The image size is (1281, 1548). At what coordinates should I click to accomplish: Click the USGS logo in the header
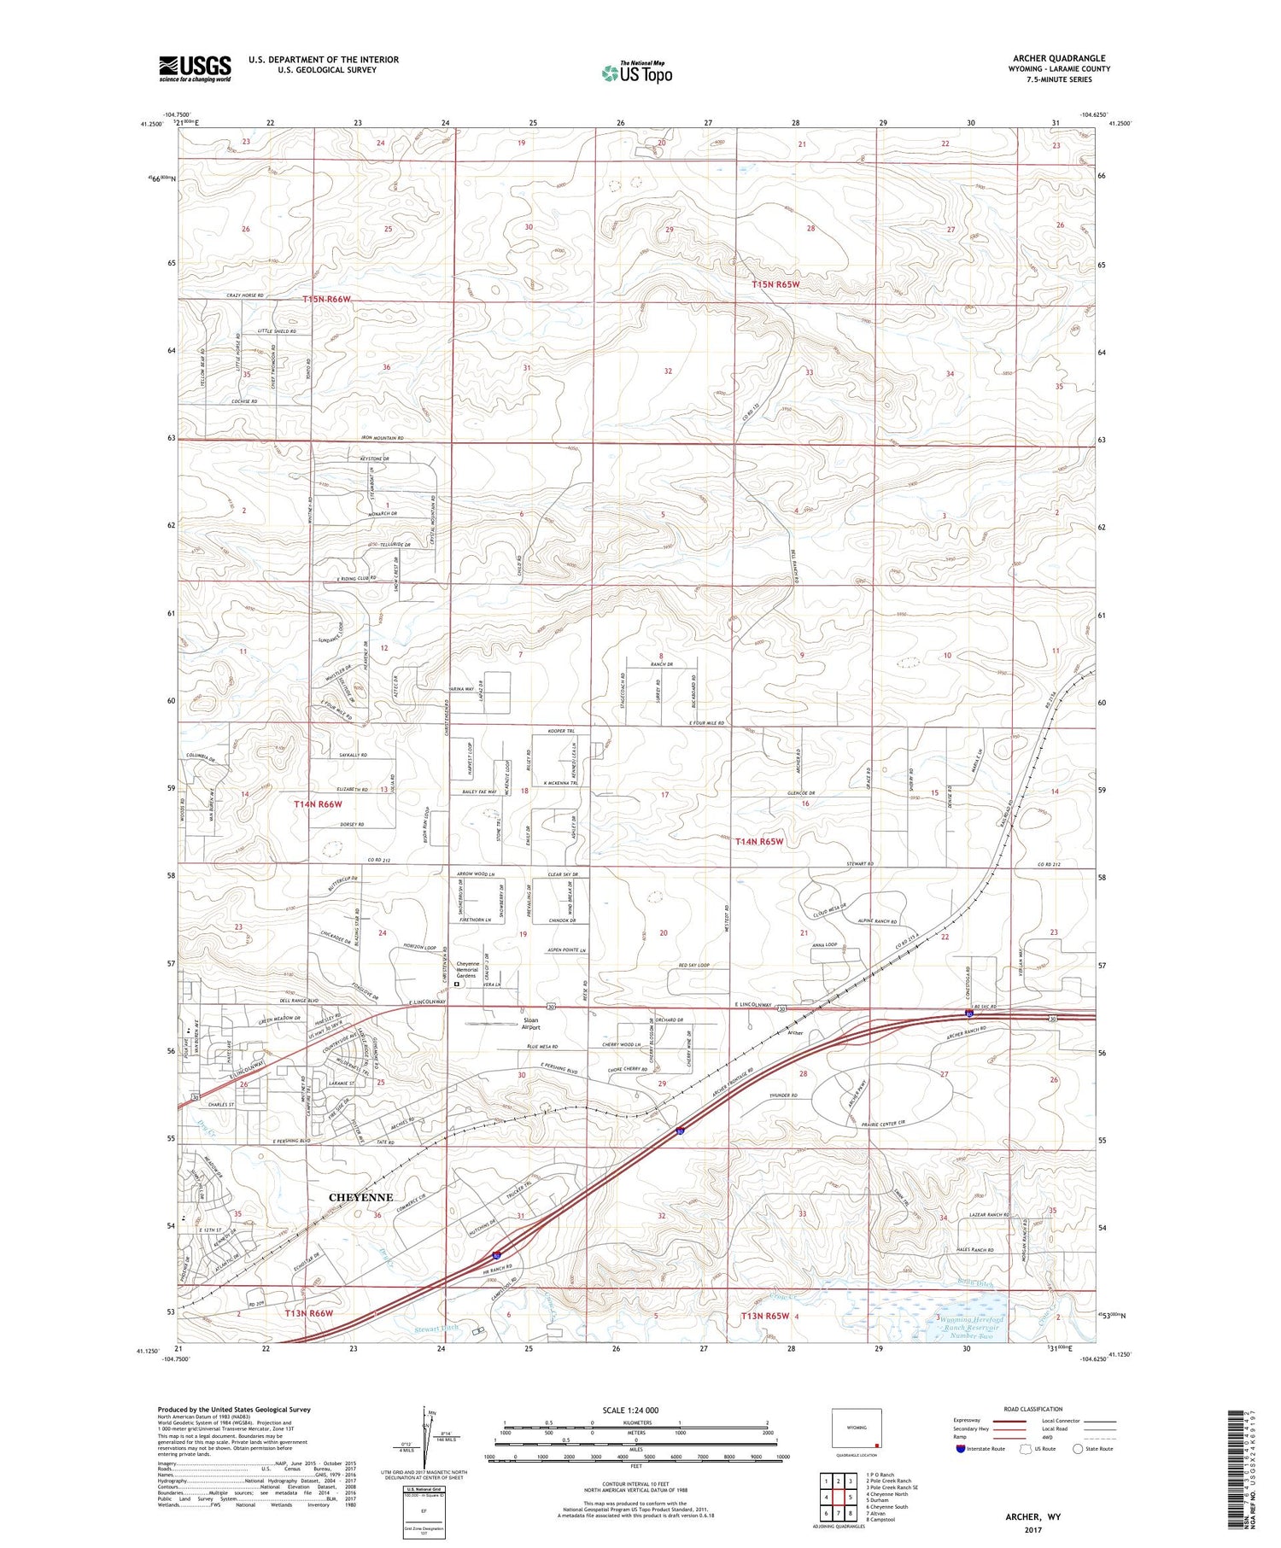(x=195, y=68)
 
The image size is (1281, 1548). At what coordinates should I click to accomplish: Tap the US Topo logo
(x=637, y=73)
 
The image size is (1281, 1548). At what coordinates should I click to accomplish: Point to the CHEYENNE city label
(x=361, y=1197)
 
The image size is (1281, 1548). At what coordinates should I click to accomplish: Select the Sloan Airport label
(x=530, y=1024)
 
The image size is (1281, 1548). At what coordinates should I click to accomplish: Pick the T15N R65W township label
(x=775, y=284)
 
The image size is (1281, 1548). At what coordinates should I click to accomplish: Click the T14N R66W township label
(x=318, y=804)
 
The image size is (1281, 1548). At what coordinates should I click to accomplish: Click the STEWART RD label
(x=859, y=864)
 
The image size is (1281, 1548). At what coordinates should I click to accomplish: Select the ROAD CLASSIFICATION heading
(x=1033, y=1409)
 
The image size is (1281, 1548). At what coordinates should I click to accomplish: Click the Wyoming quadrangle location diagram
(x=857, y=1428)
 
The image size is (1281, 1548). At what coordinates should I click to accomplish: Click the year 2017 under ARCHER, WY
(x=1032, y=1530)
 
